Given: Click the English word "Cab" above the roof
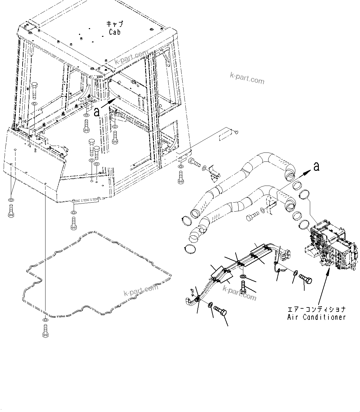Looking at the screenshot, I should tap(115, 32).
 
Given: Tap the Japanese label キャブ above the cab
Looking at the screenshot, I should tap(115, 24).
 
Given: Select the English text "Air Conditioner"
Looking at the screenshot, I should tap(316, 317).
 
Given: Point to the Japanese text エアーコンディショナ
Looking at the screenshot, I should tap(316, 309).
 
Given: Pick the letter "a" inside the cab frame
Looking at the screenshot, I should tap(97, 112).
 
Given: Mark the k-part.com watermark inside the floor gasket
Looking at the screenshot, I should tap(141, 290).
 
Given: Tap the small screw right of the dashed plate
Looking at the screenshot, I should tap(236, 132).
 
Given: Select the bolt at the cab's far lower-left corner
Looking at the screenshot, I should tap(11, 212).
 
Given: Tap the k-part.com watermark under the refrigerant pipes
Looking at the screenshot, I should tap(240, 293).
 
